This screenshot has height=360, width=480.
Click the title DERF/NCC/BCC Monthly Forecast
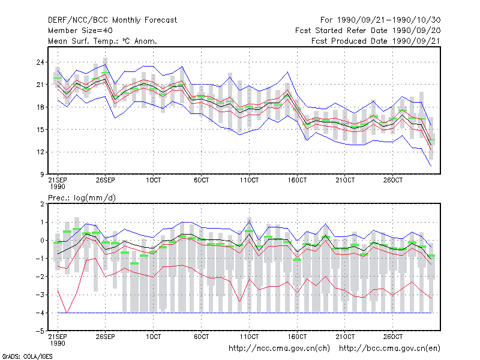(112, 20)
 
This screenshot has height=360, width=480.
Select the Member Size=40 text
(80, 31)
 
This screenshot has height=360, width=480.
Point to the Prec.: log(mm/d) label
(82, 198)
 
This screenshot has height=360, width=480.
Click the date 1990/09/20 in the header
(416, 31)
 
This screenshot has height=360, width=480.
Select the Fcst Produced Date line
(376, 41)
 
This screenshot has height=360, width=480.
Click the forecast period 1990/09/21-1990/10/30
(389, 20)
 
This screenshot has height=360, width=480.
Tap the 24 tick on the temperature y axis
(40, 62)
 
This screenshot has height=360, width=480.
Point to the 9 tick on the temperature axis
(41, 175)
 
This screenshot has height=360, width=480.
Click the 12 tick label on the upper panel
(40, 152)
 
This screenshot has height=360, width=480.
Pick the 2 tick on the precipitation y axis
(42, 204)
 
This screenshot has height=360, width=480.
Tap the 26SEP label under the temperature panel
(106, 180)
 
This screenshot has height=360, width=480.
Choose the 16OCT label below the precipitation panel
(297, 337)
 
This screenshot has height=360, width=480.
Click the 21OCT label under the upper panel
(345, 180)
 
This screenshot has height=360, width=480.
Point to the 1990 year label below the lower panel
(58, 343)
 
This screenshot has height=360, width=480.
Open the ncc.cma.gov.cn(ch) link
(279, 349)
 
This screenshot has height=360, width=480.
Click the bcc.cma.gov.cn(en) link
(389, 349)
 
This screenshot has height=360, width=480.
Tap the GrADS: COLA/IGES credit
(27, 356)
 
